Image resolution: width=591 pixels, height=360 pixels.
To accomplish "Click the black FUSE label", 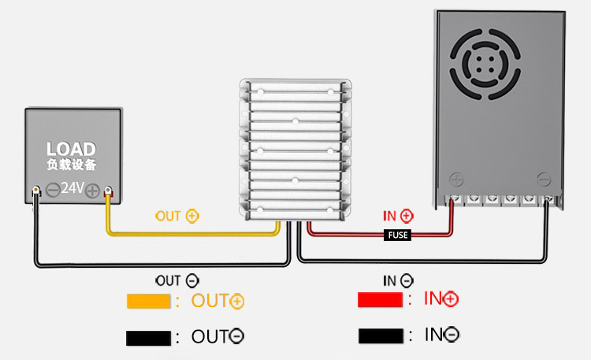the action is coord(397,236).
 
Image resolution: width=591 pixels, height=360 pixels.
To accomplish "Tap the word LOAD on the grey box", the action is coord(71,149).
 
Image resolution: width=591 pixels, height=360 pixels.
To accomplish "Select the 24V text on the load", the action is coord(72,187).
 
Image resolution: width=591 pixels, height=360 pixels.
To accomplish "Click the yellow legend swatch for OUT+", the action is coord(148,301).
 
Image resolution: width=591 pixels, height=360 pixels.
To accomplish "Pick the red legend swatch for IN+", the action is coord(380,299).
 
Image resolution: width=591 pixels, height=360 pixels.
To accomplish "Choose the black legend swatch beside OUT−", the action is coord(148,338).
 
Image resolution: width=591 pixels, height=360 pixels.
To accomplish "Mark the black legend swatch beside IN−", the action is coord(381,336).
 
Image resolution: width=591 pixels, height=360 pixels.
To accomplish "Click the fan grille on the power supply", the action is coord(485,65).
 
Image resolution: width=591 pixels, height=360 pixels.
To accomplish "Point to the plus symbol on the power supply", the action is coord(456,180).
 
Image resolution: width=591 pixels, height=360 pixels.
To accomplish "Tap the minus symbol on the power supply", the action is coord(544,180).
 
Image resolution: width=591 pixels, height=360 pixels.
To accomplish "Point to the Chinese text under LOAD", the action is coord(72,165).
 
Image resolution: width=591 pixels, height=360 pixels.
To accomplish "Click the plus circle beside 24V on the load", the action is coord(92,191).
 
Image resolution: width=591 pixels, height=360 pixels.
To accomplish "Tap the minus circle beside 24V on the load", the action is coord(53,190).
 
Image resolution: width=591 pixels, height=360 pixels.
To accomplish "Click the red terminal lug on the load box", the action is coord(108,191).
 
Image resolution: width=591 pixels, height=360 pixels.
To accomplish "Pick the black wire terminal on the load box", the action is coord(35,191).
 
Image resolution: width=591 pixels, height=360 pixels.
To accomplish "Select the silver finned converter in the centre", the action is coord(295,150).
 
